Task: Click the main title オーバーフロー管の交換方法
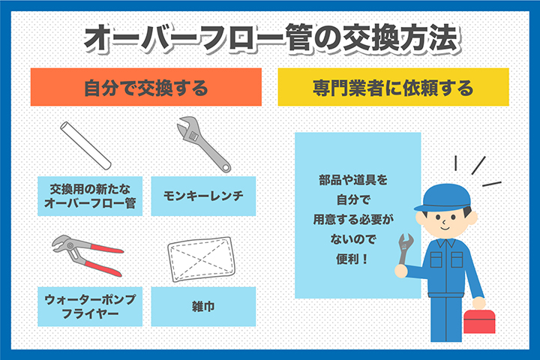(x=270, y=37)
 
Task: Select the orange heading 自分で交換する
(x=146, y=88)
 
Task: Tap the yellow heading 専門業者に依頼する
(x=393, y=88)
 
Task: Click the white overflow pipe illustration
(x=85, y=145)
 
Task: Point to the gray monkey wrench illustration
(x=203, y=144)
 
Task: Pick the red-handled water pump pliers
(x=88, y=255)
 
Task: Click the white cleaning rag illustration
(x=202, y=259)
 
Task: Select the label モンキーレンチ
(x=203, y=196)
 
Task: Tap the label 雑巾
(x=203, y=307)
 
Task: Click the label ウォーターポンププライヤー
(x=90, y=306)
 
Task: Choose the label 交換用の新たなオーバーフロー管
(x=90, y=196)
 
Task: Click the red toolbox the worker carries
(x=479, y=321)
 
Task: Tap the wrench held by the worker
(x=405, y=250)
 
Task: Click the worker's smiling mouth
(x=445, y=228)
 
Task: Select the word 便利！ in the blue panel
(x=353, y=259)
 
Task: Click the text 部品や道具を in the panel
(x=353, y=180)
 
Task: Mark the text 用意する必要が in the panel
(x=353, y=220)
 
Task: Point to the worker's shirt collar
(x=445, y=243)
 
